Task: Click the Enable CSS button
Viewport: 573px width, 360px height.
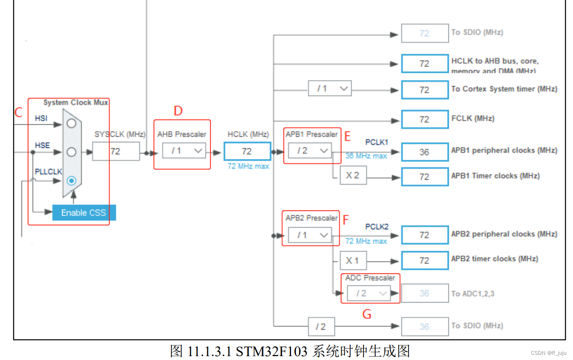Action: [x=84, y=213]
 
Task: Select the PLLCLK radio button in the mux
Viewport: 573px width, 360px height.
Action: [x=72, y=181]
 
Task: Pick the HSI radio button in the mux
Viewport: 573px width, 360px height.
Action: [x=72, y=123]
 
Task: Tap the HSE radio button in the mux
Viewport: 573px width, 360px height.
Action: [x=72, y=152]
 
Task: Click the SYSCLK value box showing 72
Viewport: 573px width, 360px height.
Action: [x=116, y=151]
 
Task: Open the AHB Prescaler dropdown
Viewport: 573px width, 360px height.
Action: [x=184, y=151]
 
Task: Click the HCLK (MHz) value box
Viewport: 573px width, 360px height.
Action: [x=247, y=151]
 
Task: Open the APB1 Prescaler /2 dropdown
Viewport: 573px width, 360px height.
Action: [x=310, y=150]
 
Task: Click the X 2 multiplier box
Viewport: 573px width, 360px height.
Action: [x=353, y=176]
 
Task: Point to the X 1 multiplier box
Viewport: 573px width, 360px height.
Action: [x=353, y=261]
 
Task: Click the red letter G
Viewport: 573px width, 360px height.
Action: [x=367, y=314]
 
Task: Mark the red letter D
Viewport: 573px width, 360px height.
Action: [x=178, y=111]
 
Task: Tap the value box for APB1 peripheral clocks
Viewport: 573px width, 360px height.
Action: [x=424, y=152]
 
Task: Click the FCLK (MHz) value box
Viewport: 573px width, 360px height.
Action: [x=424, y=119]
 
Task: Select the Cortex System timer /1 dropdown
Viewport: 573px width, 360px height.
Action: [x=329, y=89]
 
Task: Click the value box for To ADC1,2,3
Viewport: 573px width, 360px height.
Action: [x=424, y=294]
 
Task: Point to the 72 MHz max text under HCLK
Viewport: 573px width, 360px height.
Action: [x=248, y=166]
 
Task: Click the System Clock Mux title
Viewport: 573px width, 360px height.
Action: [x=76, y=102]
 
